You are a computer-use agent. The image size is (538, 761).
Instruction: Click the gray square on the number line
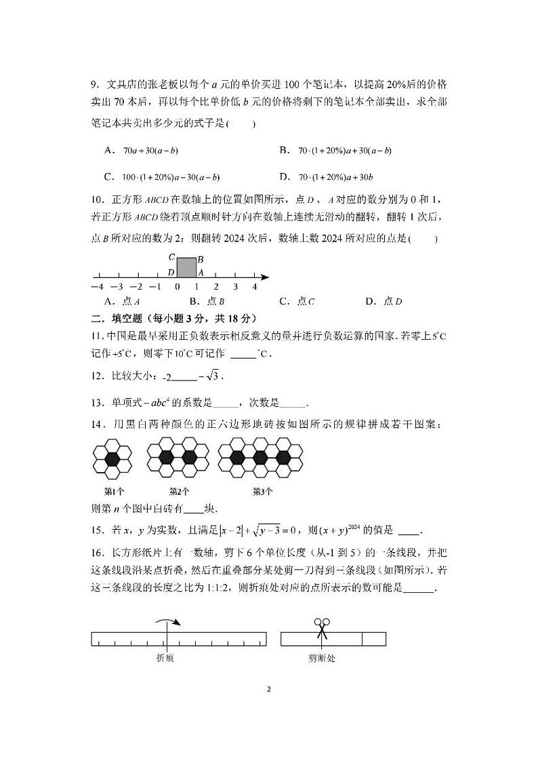pos(186,267)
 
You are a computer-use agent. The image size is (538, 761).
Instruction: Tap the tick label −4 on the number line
pos(97,287)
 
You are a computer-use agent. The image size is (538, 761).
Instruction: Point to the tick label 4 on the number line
pos(255,287)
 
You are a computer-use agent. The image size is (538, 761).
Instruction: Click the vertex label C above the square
pos(172,257)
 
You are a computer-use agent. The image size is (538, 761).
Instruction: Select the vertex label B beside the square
pos(201,259)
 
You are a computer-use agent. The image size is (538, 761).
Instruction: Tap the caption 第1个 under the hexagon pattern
pos(113,491)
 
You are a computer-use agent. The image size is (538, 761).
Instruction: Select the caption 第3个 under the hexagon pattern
pos(262,491)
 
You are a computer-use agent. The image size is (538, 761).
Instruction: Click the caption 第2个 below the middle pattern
pos(179,491)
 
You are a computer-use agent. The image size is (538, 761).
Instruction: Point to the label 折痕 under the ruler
pos(165,657)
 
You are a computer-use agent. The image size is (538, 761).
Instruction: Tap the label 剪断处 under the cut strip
pos(321,657)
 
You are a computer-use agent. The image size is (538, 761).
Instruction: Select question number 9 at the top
pos(96,85)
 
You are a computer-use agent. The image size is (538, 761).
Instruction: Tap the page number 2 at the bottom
pos(269,689)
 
